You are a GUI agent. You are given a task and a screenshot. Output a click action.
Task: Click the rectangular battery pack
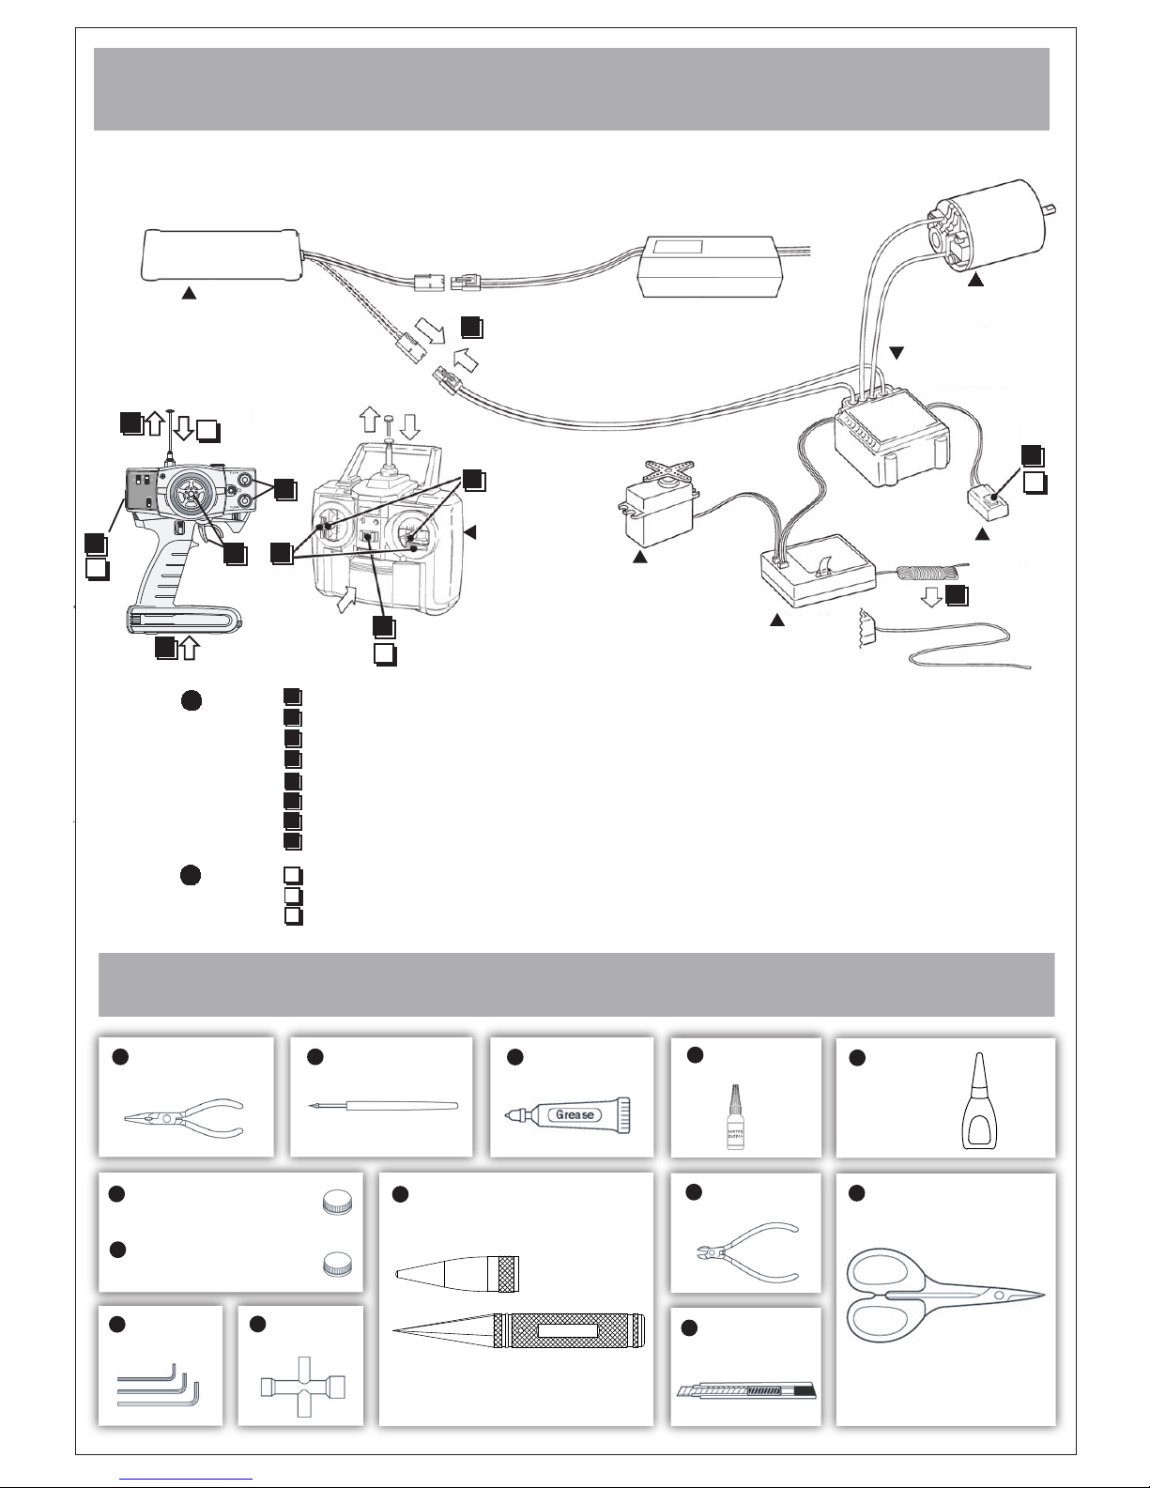[x=221, y=254]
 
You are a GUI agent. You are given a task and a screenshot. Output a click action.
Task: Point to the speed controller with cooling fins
[x=890, y=440]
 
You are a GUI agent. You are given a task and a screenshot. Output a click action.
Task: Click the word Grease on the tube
[x=574, y=1114]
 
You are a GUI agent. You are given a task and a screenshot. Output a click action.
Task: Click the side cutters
[x=746, y=1252]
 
